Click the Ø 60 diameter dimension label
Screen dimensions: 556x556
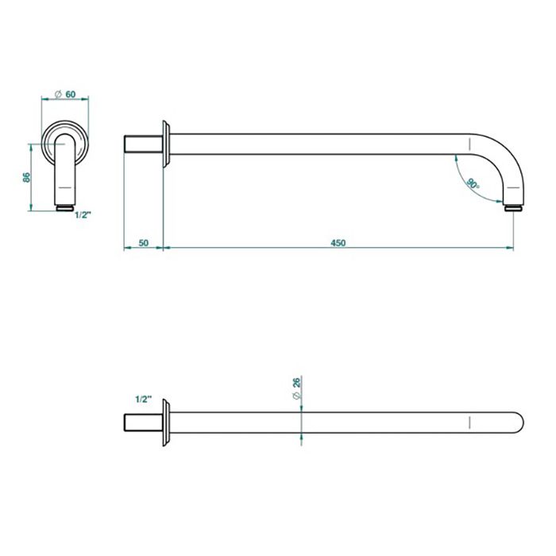click(x=65, y=95)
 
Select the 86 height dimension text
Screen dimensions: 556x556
click(x=26, y=177)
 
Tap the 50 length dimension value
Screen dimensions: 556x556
click(x=143, y=243)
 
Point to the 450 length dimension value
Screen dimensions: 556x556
click(x=338, y=243)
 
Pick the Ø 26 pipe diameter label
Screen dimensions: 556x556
click(x=296, y=388)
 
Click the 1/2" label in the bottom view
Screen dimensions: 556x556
click(x=143, y=399)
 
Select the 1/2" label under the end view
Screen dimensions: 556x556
click(x=83, y=214)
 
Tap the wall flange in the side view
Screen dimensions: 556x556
click(x=166, y=144)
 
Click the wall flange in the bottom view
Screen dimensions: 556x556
click(x=166, y=423)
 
